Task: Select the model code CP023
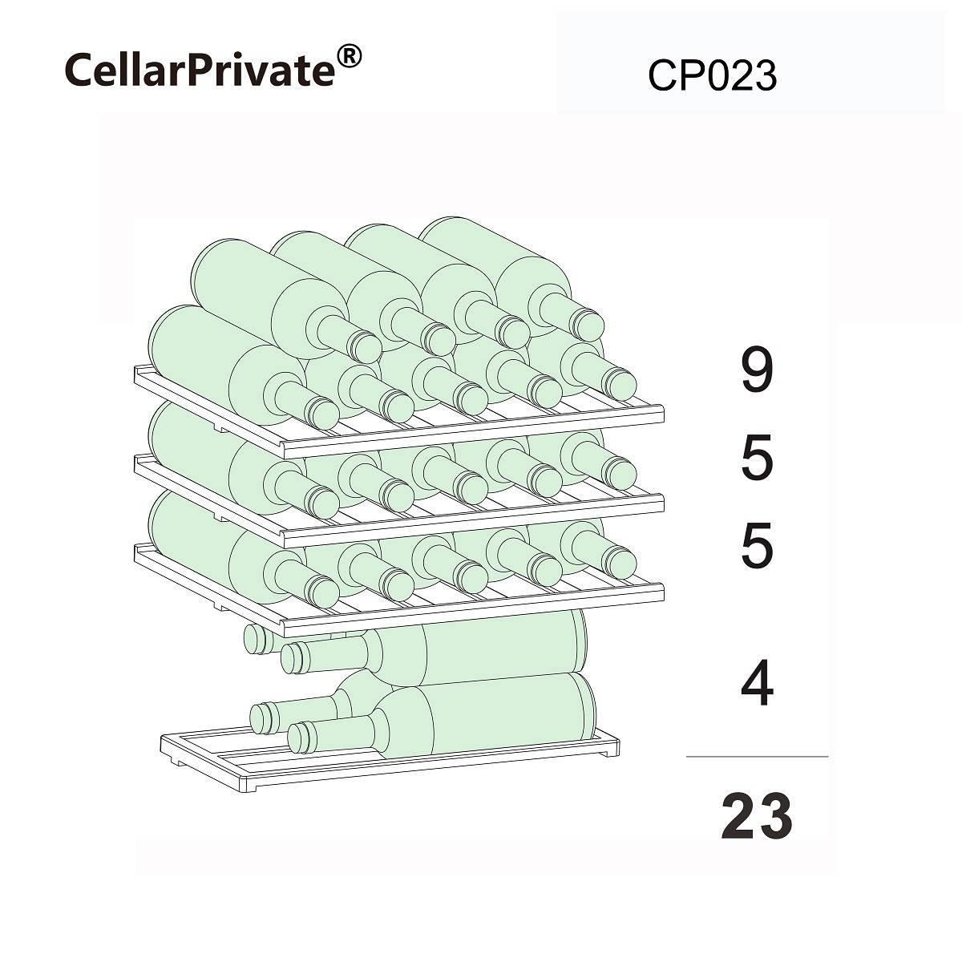point(712,77)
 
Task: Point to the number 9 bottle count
point(756,371)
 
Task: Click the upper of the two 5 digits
point(756,459)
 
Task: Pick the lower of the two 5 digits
point(756,547)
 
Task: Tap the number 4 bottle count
point(756,685)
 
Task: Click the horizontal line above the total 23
point(756,756)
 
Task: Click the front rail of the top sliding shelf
point(473,433)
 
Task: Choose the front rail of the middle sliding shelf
point(473,522)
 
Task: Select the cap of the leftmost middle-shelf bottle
point(325,503)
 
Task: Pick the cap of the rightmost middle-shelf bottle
point(621,473)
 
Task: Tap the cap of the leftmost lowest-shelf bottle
point(325,592)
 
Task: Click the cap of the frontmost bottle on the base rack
point(301,737)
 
